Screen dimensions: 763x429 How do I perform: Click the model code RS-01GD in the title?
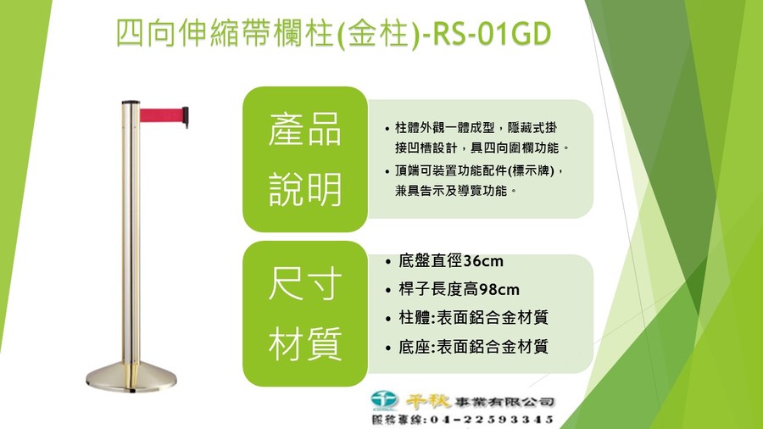(492, 34)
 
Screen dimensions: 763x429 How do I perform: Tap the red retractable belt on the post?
(161, 115)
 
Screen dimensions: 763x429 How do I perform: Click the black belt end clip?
(186, 117)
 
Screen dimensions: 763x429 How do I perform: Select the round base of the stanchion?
(131, 377)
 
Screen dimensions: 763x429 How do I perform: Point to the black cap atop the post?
(131, 103)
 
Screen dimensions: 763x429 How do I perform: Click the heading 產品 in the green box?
(304, 130)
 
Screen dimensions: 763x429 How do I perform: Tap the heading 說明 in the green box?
(304, 189)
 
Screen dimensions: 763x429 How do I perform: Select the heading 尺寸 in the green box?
(304, 284)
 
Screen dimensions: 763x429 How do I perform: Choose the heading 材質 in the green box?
(304, 343)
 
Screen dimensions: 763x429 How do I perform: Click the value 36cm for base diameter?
(483, 261)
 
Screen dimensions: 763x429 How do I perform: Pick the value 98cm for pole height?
(499, 290)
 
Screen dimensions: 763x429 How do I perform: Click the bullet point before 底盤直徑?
(387, 262)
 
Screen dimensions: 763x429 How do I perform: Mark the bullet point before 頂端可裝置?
(387, 172)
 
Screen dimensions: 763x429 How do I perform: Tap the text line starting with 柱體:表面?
(473, 318)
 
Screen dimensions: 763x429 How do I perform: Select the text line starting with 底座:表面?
(473, 347)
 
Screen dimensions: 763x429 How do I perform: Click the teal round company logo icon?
(384, 400)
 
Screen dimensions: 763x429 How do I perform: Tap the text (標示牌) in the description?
(531, 171)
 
